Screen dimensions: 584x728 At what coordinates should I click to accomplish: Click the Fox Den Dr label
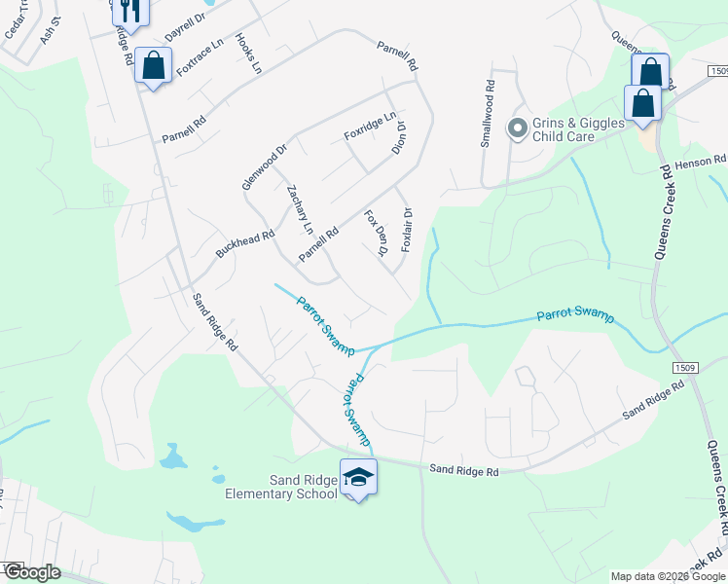[x=377, y=233]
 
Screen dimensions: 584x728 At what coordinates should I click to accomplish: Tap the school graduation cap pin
[x=357, y=476]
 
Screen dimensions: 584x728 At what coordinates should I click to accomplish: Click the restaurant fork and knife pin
[x=128, y=10]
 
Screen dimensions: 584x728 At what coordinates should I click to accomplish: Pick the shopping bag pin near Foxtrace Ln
[x=153, y=66]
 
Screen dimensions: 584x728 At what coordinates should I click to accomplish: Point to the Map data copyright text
[x=668, y=576]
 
